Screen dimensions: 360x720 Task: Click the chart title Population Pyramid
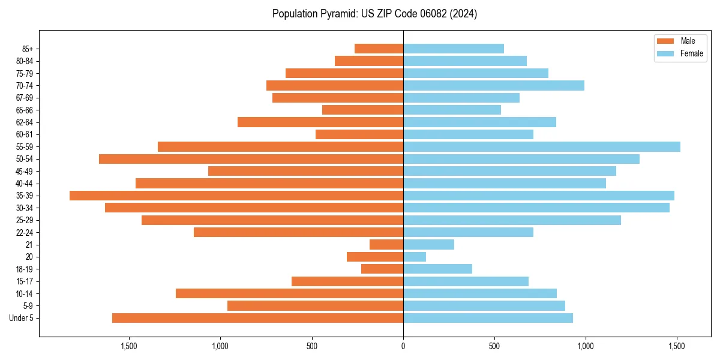pos(374,14)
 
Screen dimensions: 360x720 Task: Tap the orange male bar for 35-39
pos(236,196)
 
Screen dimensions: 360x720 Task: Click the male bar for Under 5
pos(257,318)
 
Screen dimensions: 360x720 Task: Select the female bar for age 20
pos(415,257)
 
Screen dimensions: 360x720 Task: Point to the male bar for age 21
pos(386,245)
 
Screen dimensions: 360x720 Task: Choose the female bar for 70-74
pos(493,85)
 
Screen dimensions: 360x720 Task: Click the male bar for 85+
pos(379,49)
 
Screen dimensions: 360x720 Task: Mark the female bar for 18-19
pos(437,269)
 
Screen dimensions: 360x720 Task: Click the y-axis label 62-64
pos(25,122)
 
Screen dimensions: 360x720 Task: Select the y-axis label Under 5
pos(21,318)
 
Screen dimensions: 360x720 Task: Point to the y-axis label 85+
pos(28,49)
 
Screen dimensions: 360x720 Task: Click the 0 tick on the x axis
pos(403,346)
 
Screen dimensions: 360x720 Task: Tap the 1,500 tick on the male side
pos(129,346)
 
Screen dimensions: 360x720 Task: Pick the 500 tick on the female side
pos(494,346)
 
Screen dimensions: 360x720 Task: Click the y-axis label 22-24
pos(25,232)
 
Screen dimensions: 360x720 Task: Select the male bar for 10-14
pos(289,293)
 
